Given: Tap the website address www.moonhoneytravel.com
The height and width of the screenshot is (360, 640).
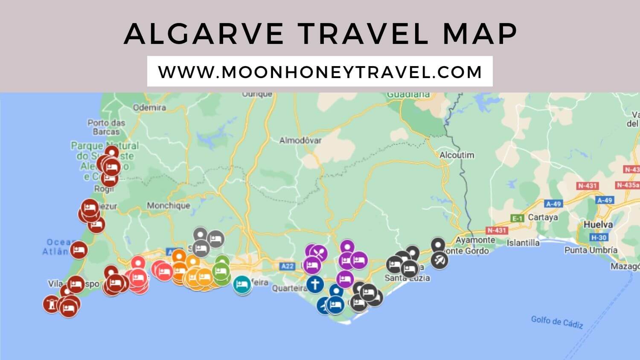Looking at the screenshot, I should (320, 72).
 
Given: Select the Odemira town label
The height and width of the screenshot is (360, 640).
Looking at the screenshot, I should (149, 107).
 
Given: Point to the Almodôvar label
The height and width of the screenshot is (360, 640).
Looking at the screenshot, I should (300, 140).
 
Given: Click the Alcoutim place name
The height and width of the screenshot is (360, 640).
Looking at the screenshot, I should (457, 155).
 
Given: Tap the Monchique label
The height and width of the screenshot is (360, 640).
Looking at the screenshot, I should (168, 206).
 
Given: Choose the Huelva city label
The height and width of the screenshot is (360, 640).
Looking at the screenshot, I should (598, 224).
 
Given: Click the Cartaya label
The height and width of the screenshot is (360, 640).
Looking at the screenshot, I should (543, 217).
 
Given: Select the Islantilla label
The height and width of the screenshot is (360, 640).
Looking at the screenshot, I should (523, 243).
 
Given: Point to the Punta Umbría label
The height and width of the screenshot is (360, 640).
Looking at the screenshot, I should (591, 250).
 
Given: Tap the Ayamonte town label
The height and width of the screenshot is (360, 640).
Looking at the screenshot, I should (475, 240).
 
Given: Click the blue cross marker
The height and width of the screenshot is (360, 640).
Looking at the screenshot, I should (315, 284).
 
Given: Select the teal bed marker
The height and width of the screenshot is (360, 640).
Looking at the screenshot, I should (242, 285).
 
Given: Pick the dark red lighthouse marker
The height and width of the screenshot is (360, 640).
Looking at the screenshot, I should (52, 304).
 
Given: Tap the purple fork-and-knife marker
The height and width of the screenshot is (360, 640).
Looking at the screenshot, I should (319, 253).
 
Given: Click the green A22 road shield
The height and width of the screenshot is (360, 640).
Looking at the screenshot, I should (288, 266).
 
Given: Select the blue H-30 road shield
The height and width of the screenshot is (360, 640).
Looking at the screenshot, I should (599, 237).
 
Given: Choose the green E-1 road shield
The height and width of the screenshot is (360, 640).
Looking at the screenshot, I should (517, 218).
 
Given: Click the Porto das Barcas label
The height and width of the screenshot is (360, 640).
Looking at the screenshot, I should (106, 127).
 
